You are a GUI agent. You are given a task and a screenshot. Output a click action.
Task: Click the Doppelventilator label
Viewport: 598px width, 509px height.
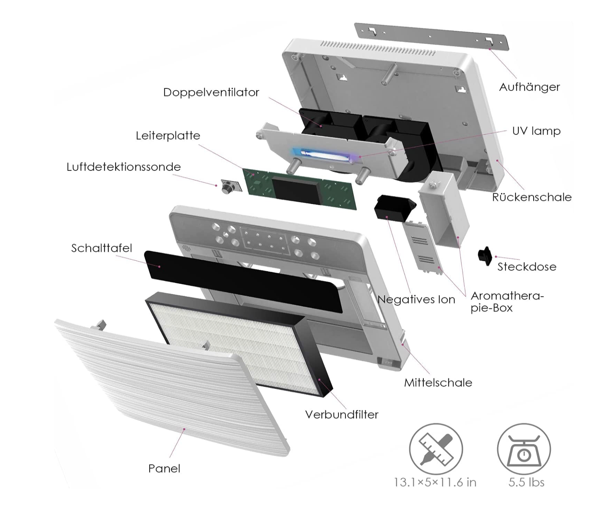coord(211,92)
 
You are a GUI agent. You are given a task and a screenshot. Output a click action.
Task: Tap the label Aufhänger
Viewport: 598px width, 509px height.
coord(529,87)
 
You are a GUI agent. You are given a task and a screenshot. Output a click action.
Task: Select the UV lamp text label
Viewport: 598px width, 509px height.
coord(537,131)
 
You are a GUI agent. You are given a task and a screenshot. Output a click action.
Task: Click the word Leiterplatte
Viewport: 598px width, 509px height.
coord(168,135)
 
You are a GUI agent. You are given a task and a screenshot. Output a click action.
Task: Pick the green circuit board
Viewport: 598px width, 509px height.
coord(300,189)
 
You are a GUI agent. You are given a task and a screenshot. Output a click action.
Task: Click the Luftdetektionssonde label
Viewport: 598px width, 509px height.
coord(123,167)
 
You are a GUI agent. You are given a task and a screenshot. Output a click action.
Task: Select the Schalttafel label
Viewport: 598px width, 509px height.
coord(102,248)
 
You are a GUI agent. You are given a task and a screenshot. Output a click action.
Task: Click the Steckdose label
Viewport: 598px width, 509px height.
coord(527,267)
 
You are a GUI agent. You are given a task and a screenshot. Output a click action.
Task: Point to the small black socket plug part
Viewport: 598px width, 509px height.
coord(485,256)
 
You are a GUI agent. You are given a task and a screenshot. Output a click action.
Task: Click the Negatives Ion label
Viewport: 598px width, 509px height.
coord(416,299)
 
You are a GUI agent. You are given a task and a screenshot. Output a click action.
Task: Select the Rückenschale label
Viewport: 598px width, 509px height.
coord(532,197)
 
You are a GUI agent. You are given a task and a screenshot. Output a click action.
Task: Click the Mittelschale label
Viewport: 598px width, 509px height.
coord(438,383)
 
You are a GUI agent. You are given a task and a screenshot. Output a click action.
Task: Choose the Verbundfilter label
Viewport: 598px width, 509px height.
coord(342,414)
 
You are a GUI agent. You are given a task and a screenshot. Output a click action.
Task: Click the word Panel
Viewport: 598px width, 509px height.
coord(164,469)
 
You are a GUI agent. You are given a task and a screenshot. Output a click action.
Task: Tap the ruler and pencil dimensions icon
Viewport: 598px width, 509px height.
coord(436,449)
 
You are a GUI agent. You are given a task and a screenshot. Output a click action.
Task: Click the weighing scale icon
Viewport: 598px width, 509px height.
coord(524,449)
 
